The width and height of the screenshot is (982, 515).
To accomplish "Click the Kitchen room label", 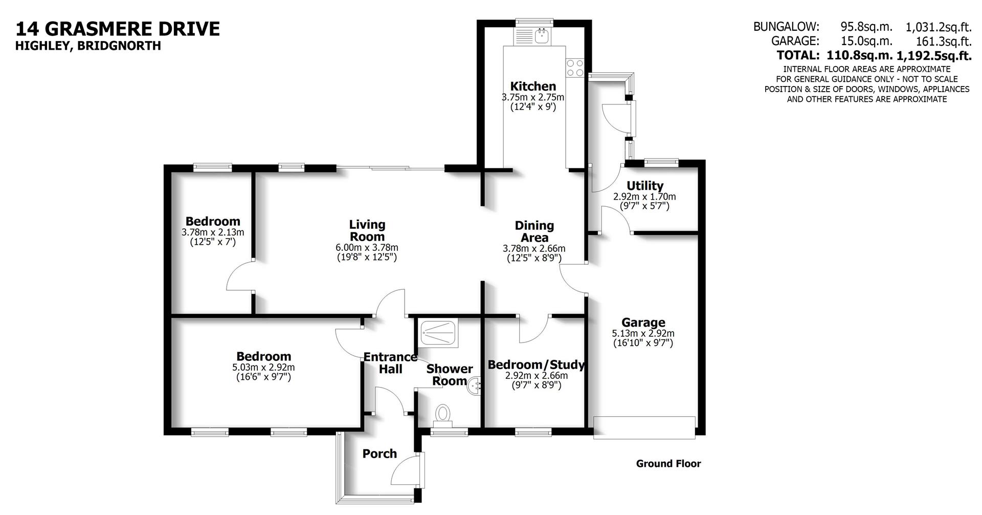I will [533, 87].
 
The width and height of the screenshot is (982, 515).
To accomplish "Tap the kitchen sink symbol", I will [541, 36].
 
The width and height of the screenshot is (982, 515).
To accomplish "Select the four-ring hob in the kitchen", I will [575, 68].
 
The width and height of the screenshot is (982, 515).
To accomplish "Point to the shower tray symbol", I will [438, 333].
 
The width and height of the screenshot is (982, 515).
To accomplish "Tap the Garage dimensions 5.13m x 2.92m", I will [643, 333].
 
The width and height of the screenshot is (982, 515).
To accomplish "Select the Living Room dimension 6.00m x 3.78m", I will [367, 248].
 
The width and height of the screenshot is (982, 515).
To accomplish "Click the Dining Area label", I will [534, 231].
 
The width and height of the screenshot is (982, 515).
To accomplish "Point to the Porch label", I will [380, 454].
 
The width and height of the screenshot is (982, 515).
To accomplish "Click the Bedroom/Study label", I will [536, 365].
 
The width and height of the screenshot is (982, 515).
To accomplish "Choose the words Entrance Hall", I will [390, 363].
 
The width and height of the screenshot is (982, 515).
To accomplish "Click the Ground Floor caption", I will [668, 464].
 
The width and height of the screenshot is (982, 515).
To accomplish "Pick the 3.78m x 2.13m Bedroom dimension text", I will [213, 232].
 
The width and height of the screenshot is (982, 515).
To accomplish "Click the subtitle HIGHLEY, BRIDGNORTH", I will [88, 46].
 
